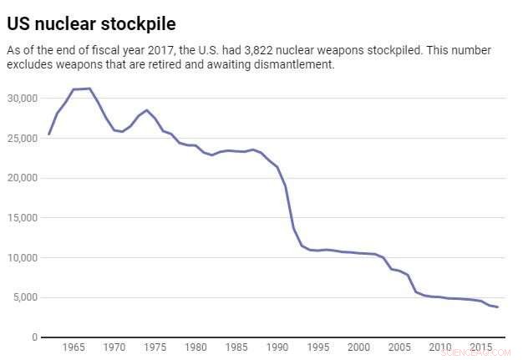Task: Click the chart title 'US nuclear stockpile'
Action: pos(91,22)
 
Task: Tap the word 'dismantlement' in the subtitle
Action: pos(288,65)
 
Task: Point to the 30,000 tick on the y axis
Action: pos(23,99)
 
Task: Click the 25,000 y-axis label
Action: pos(23,138)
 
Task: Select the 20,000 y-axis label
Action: pos(23,178)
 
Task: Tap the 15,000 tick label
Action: pos(23,218)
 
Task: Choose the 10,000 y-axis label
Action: pos(23,258)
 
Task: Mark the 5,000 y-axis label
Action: pos(25,297)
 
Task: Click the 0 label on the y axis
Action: pos(34,337)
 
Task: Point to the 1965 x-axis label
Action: pos(74,347)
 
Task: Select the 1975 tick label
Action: pos(155,347)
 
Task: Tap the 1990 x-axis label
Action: pos(277,347)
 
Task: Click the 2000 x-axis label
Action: pos(358,347)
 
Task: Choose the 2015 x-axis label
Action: pos(481,347)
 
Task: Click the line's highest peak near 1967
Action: pos(89,89)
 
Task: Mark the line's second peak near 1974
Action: pos(147,110)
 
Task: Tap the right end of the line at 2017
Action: pos(498,307)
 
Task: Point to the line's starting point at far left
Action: pos(49,134)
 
